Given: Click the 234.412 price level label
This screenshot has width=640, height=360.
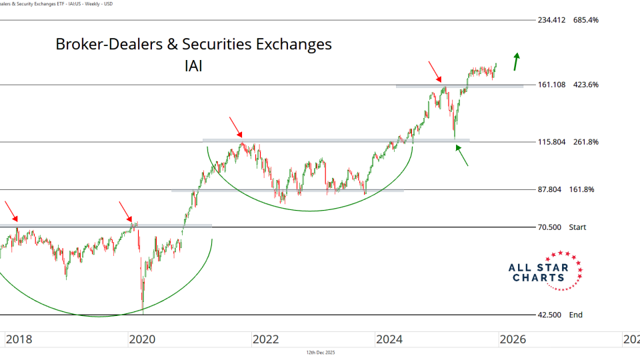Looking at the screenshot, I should point(551,20).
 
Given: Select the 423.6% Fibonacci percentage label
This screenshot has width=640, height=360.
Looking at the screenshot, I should point(585,85).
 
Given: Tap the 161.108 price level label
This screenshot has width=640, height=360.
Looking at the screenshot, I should point(551,85).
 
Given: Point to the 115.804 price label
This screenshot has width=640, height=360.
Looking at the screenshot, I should point(551,142).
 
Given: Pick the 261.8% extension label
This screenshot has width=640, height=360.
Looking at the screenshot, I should point(585,142).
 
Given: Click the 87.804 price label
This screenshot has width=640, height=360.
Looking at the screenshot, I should point(549,189).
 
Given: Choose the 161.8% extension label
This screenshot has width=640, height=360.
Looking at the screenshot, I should point(582,189).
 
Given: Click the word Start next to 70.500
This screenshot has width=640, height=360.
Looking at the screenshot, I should point(577,227).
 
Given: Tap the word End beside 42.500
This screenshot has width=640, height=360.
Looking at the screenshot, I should point(575,315).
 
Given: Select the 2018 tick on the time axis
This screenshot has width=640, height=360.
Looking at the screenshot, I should point(18,339).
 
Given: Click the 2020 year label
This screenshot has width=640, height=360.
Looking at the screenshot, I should point(141,339).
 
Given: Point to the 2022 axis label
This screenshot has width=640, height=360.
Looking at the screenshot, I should point(265,339).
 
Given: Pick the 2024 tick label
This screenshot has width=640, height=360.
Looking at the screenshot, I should point(389,339).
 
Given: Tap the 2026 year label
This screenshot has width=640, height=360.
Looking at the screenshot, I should point(512,339).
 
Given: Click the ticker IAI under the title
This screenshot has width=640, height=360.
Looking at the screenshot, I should point(193,66).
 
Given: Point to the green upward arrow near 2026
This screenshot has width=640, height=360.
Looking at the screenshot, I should point(516,61).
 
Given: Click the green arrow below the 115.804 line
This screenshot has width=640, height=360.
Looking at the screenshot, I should point(462,155).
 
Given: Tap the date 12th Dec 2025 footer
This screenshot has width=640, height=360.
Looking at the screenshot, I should point(319,352).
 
